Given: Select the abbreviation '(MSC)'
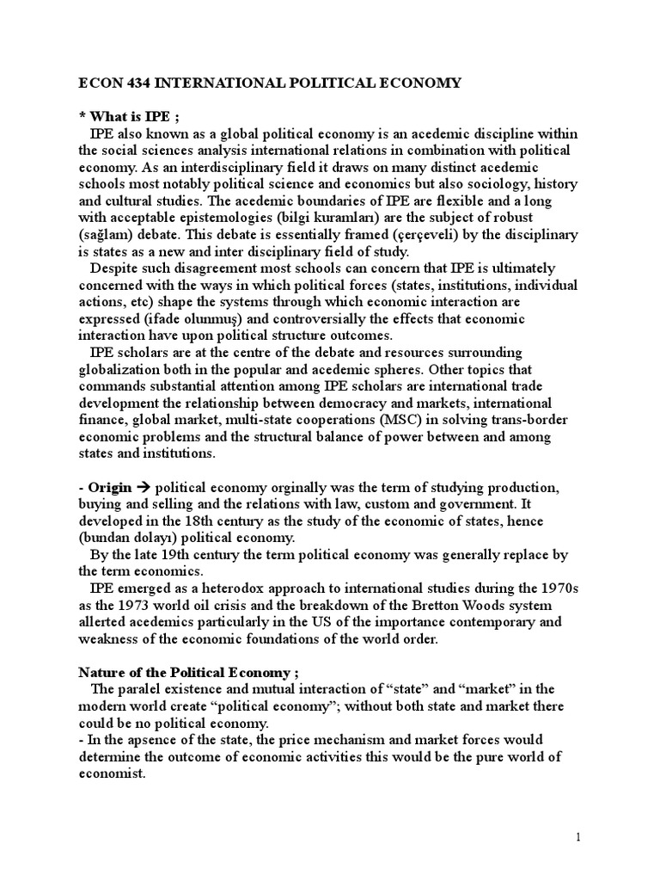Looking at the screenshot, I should (x=350, y=419).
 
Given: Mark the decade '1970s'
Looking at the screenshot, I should (x=561, y=588).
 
